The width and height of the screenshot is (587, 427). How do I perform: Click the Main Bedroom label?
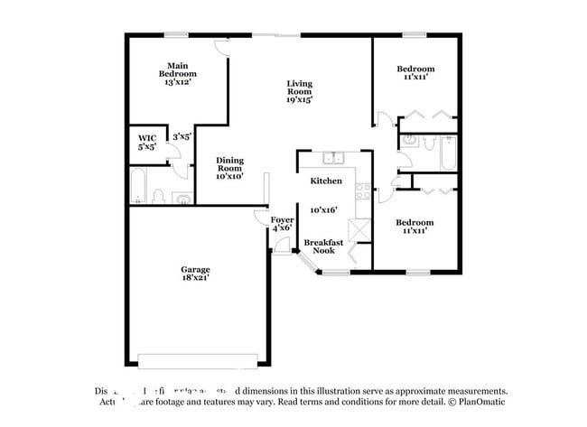pyautogui.click(x=177, y=73)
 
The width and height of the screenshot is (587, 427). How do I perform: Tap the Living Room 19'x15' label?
pyautogui.click(x=300, y=92)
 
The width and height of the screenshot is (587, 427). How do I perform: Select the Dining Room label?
pyautogui.click(x=229, y=169)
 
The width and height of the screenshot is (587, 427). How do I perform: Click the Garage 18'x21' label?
pyautogui.click(x=195, y=274)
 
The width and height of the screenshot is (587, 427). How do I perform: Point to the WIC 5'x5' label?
pyautogui.click(x=146, y=142)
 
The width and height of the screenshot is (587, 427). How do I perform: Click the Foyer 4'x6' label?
pyautogui.click(x=282, y=223)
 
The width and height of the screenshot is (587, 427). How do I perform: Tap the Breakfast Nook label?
pyautogui.click(x=322, y=246)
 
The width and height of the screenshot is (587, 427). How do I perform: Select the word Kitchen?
pyautogui.click(x=325, y=181)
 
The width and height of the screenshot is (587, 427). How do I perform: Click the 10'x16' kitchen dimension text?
pyautogui.click(x=323, y=209)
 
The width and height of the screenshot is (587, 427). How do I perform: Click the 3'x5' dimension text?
pyautogui.click(x=182, y=136)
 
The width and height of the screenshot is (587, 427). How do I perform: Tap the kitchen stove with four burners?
pyautogui.click(x=362, y=191)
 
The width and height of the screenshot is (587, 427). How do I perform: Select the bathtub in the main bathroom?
pyautogui.click(x=138, y=186)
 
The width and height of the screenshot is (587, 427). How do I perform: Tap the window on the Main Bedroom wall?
pyautogui.click(x=176, y=35)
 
